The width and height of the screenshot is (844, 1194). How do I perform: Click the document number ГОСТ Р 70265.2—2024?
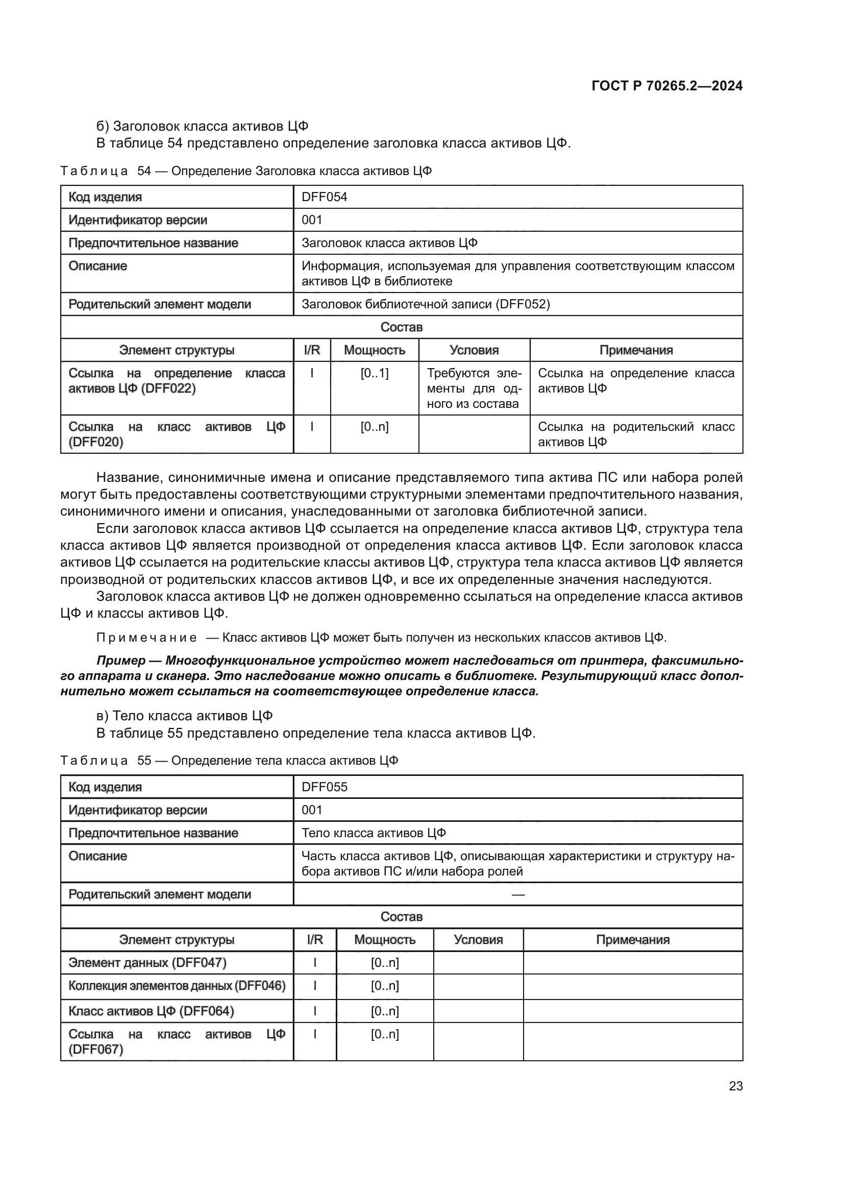[x=667, y=86]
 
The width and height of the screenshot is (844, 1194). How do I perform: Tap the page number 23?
[x=735, y=1086]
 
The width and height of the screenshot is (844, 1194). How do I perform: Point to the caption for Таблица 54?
[x=246, y=171]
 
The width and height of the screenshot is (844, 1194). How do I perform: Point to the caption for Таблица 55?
[x=229, y=761]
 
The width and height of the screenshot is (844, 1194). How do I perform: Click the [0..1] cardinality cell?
[x=374, y=373]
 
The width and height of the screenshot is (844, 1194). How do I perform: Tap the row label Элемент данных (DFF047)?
[x=147, y=963]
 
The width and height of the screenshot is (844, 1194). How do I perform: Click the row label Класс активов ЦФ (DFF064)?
[x=151, y=1011]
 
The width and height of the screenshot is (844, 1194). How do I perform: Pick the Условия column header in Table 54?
[x=474, y=351]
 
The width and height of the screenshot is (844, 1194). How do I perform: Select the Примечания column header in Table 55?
[x=632, y=940]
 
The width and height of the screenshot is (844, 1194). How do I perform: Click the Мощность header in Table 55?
[x=385, y=940]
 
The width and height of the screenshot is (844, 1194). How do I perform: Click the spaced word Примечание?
[x=146, y=638]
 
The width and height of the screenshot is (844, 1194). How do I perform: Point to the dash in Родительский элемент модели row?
[x=517, y=895]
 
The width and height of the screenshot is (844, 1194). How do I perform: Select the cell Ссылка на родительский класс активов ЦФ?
[x=636, y=434]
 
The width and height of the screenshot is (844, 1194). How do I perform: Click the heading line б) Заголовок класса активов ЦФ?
[x=203, y=127]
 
